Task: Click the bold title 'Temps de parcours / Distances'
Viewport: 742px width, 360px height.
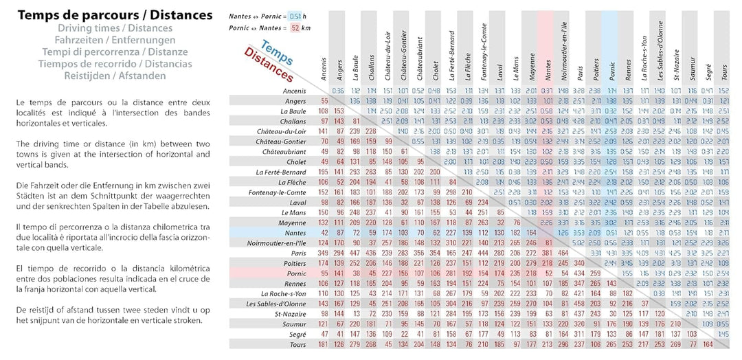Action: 115,14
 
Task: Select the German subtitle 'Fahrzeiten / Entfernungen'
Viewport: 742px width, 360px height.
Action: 115,40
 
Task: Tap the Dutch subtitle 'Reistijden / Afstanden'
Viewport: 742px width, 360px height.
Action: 115,76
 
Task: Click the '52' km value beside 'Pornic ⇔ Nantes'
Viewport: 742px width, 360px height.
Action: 295,28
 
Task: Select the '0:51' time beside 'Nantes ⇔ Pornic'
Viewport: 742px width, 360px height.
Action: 295,16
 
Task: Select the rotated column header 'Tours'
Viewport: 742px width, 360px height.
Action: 723,69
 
